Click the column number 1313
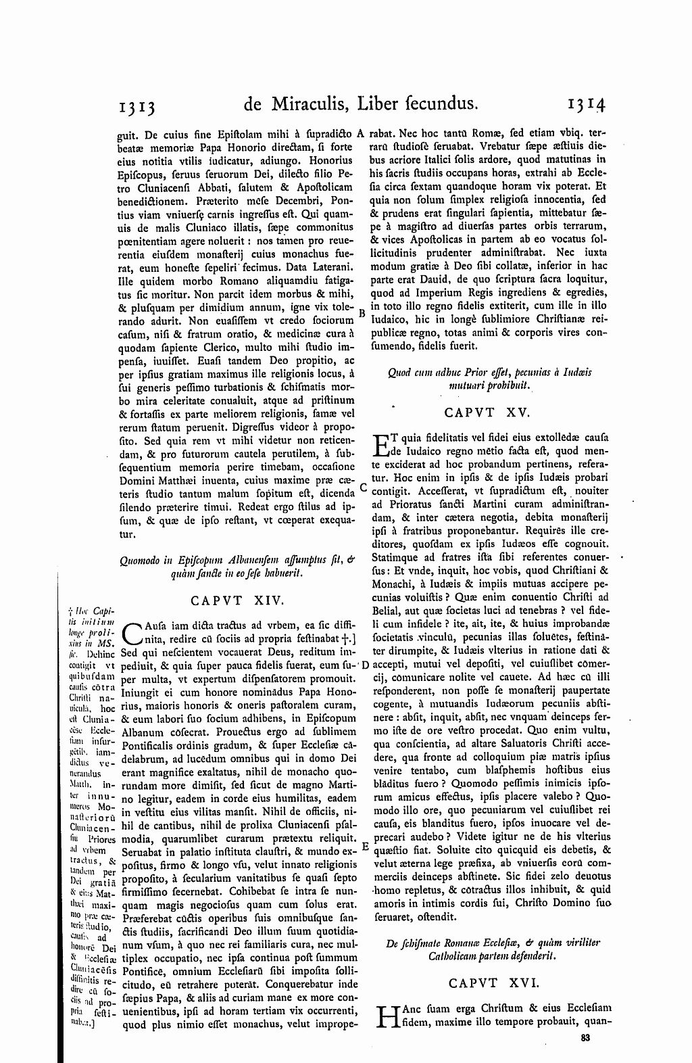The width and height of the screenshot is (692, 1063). coord(138,105)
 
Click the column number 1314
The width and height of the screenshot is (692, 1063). coord(586,105)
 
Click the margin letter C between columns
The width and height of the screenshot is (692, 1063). coord(362,487)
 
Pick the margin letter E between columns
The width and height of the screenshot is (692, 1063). coord(364,845)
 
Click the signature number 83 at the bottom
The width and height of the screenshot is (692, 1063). coord(586,1037)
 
